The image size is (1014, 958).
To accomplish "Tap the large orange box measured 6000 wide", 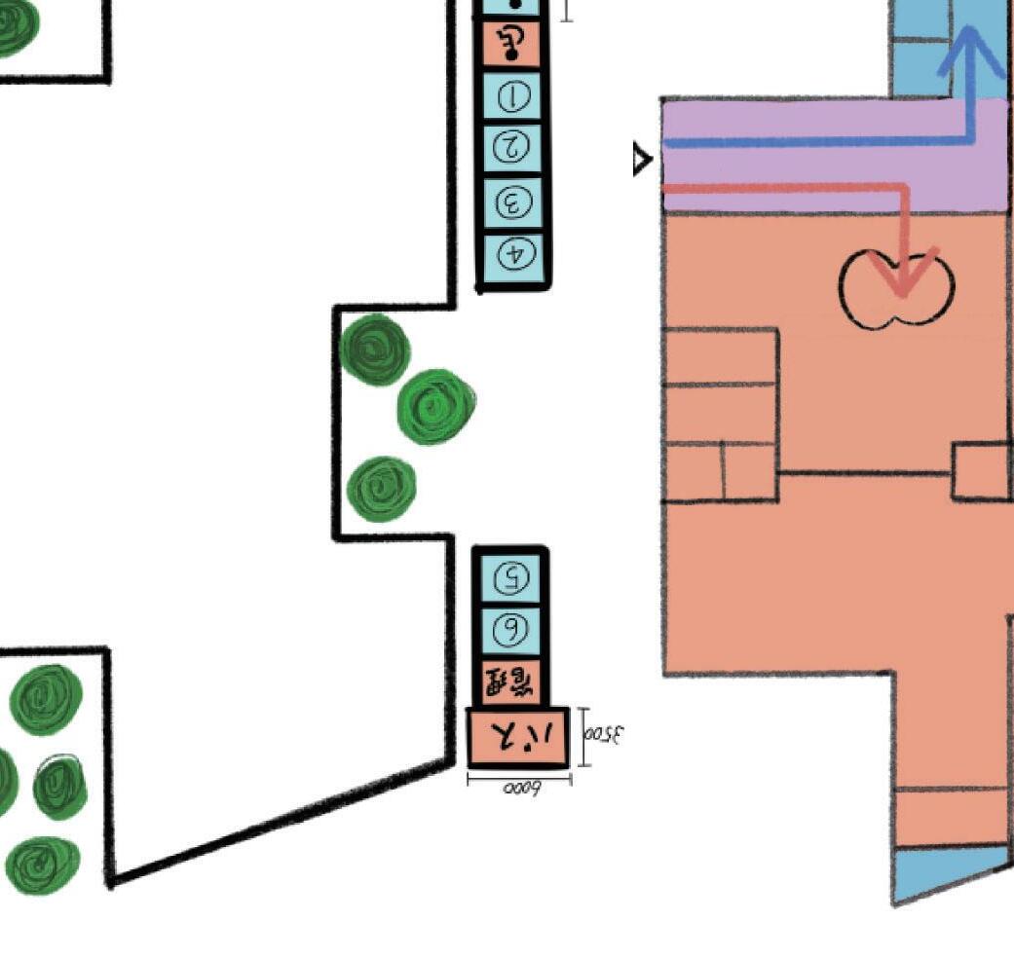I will [518, 737].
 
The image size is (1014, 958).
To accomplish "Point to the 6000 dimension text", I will [521, 788].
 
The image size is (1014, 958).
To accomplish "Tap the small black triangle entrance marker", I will [642, 159].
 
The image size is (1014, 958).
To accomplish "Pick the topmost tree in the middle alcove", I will [376, 350].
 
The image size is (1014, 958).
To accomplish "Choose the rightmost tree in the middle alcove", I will [435, 405].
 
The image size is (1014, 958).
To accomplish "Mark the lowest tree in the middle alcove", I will [382, 488].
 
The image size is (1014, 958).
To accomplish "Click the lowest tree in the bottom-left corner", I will [41, 863].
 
